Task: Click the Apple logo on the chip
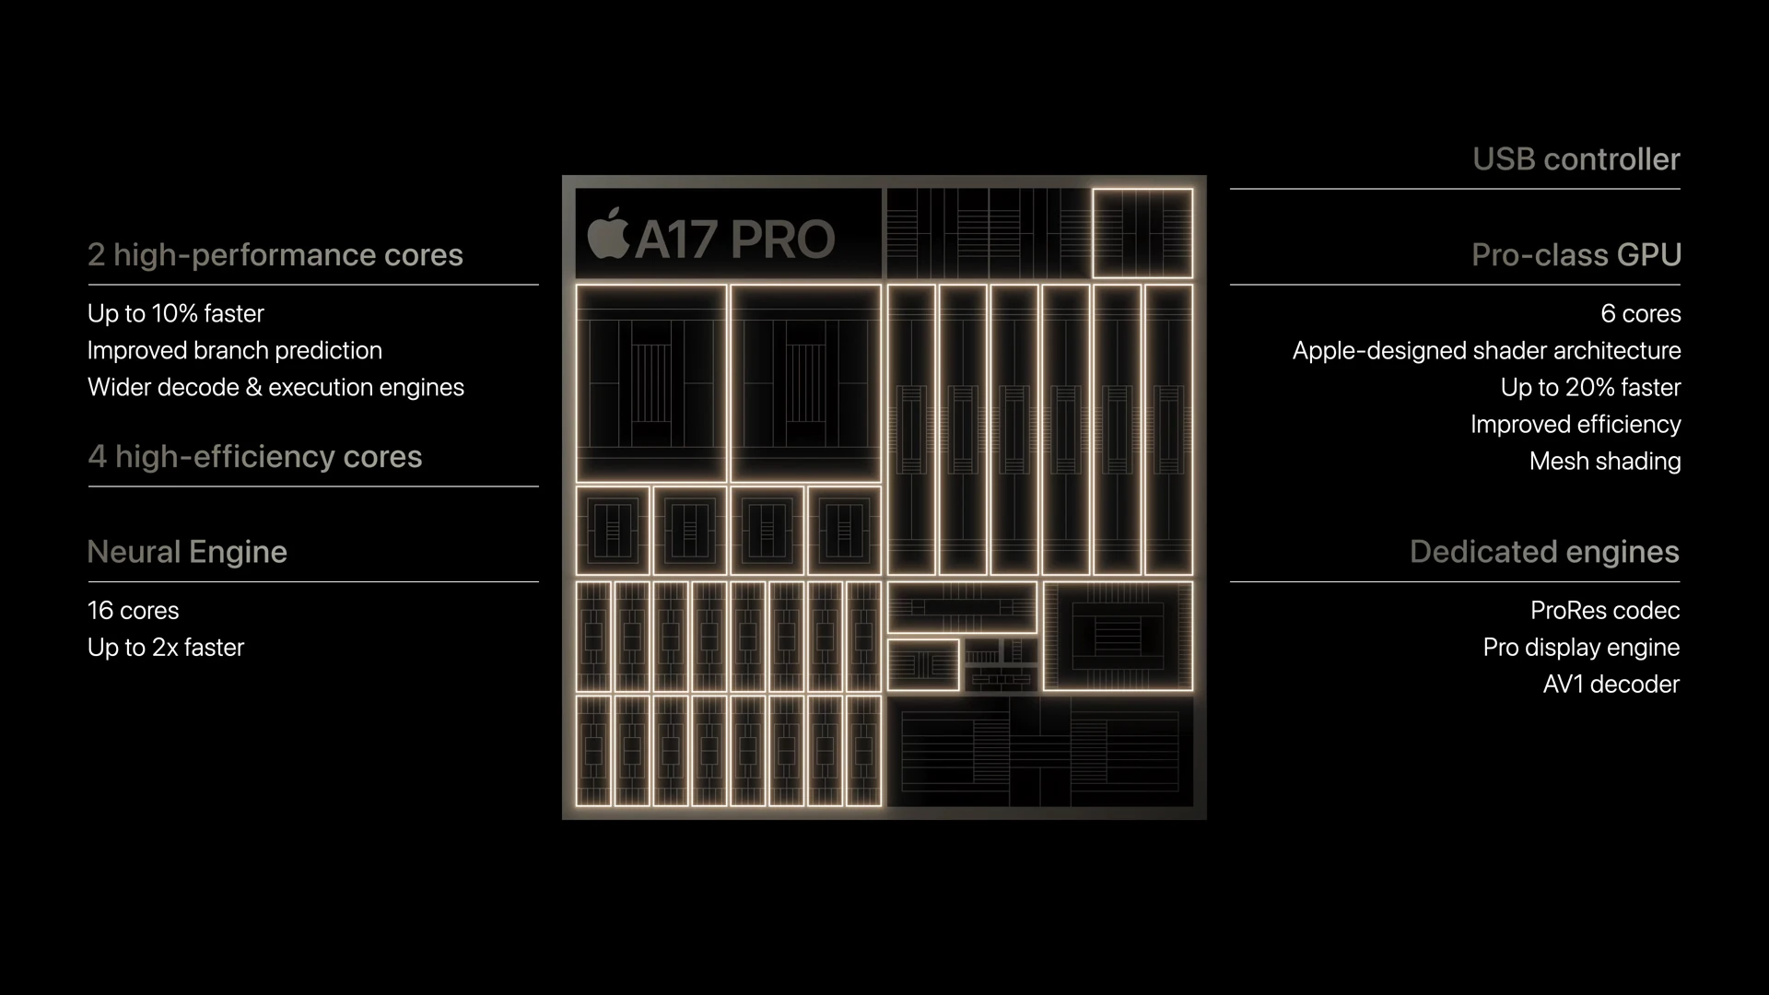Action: click(608, 234)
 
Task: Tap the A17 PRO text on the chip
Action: click(734, 240)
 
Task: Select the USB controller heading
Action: click(1576, 159)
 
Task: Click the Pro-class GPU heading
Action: click(1576, 255)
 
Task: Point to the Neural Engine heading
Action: click(187, 552)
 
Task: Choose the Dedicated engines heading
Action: click(1544, 552)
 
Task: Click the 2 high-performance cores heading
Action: click(275, 255)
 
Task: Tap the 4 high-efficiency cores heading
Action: click(254, 457)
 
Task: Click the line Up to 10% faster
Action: click(175, 314)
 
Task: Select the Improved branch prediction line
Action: click(234, 351)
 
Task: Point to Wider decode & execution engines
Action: click(275, 388)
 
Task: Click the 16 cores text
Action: click(133, 611)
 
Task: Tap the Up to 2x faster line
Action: click(166, 648)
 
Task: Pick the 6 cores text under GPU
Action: click(1640, 314)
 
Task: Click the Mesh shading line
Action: click(1604, 462)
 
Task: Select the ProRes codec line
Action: click(1604, 611)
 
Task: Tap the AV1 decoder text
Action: click(1611, 685)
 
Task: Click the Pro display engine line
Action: click(1581, 648)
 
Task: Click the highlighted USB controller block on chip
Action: click(1142, 233)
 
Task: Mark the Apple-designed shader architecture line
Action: click(1486, 351)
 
